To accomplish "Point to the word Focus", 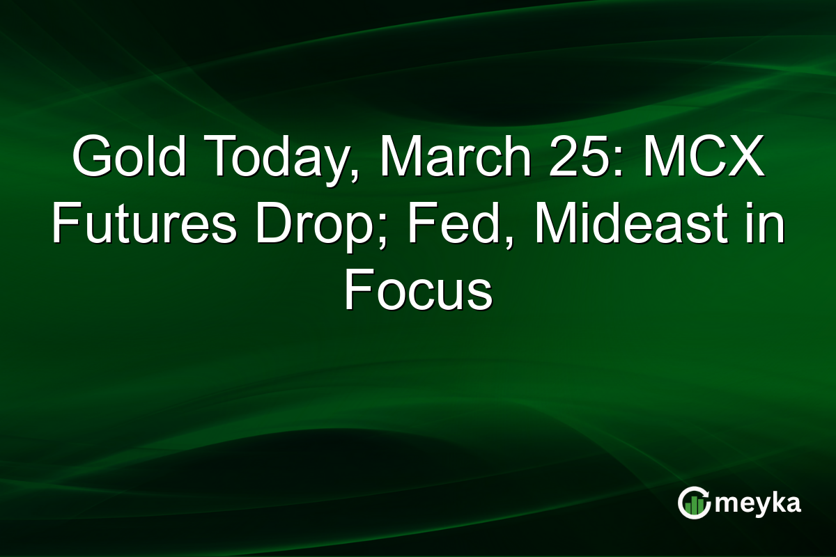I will tap(418, 290).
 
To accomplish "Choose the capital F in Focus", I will tap(357, 290).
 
